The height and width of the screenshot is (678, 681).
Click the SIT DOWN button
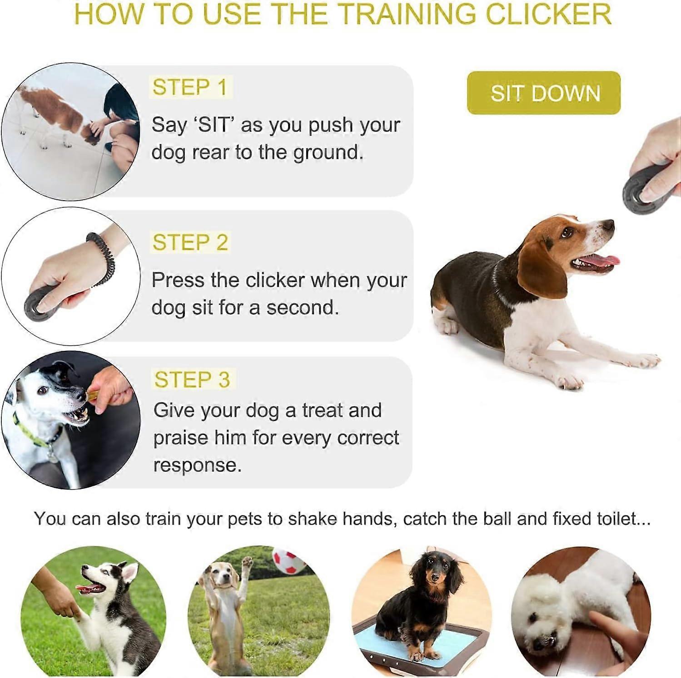pos(543,93)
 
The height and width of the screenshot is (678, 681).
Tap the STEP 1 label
pos(190,87)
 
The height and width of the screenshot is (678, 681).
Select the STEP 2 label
pos(190,242)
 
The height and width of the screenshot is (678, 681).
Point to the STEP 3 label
pos(192,379)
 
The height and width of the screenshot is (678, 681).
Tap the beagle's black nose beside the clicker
pos(608,225)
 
